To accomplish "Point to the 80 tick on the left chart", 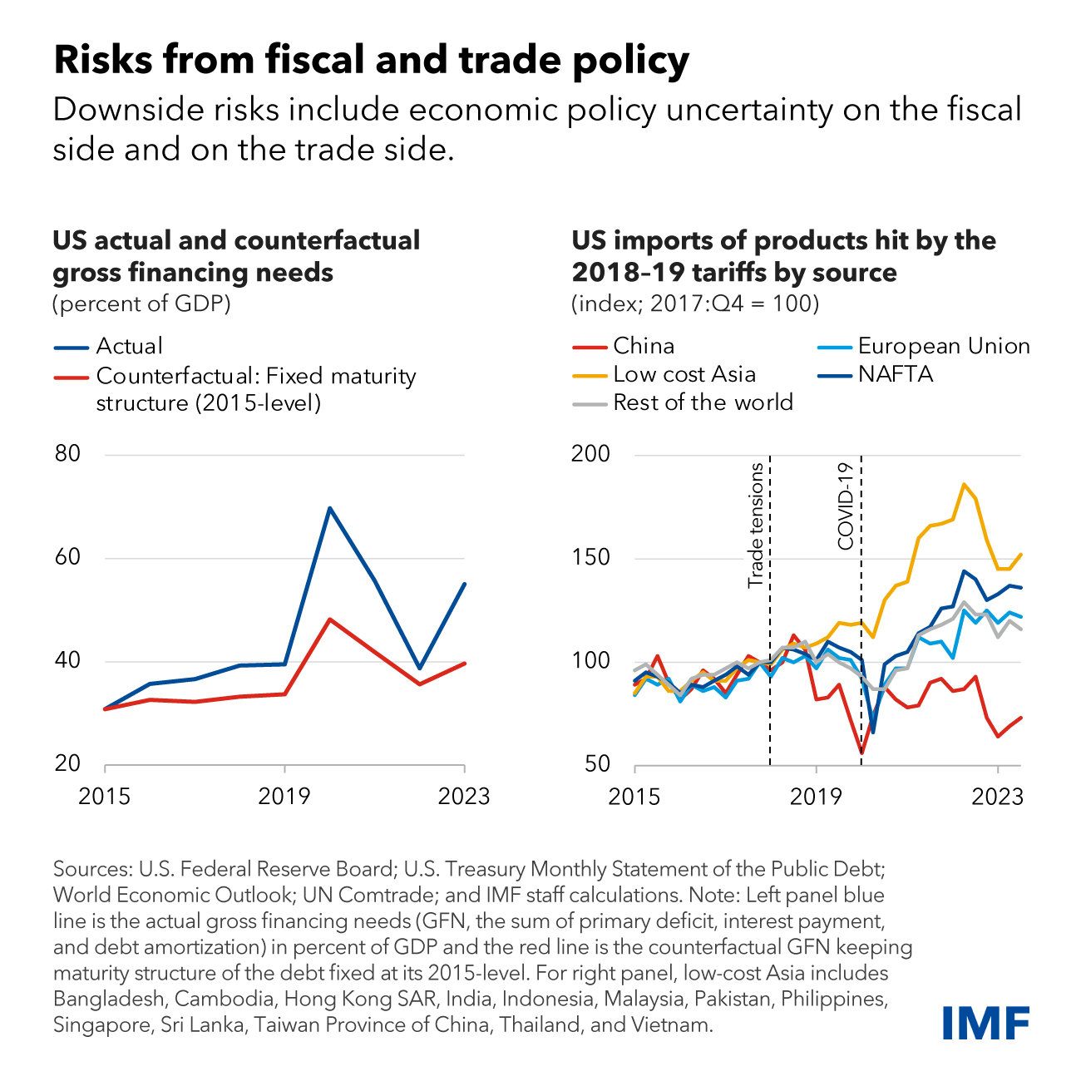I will click(67, 454).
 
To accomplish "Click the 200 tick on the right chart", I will click(591, 454).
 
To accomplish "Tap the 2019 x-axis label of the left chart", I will click(284, 797).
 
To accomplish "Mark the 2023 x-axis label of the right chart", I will click(998, 797).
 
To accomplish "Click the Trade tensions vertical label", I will click(756, 526).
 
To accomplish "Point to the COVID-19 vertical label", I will click(846, 506).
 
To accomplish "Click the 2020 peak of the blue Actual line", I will click(330, 507).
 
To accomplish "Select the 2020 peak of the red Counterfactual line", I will click(330, 619).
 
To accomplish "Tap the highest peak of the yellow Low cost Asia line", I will click(963, 484).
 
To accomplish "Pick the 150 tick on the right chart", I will click(591, 558).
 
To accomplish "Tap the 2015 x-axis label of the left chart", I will click(105, 797).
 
